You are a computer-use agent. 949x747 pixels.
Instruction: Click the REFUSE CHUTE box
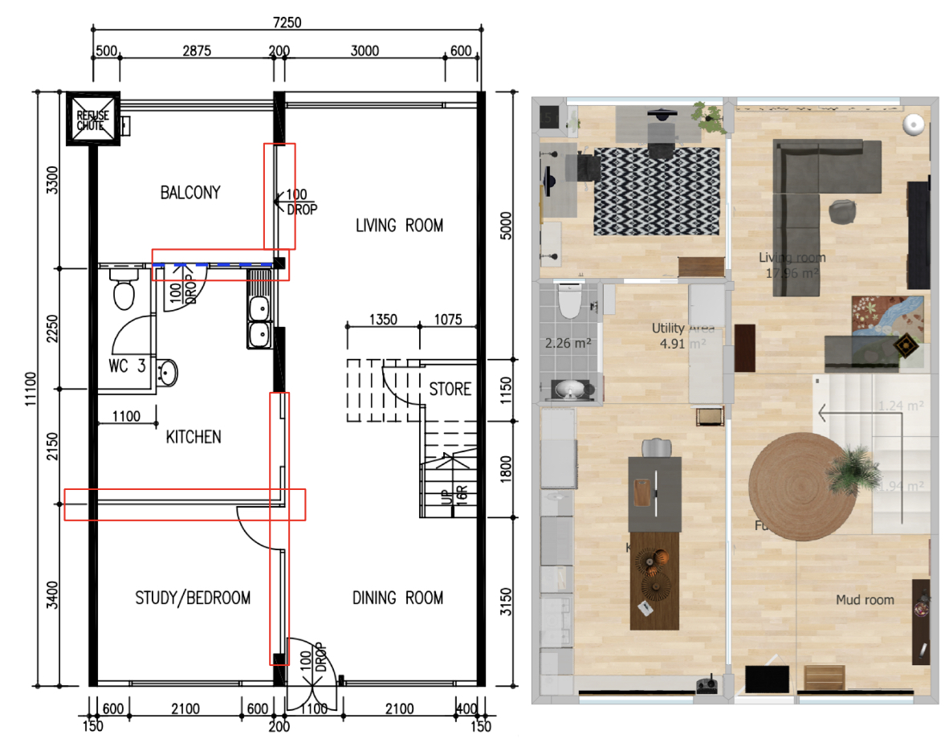pos(93,118)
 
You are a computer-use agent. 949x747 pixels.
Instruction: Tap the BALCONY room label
pos(189,193)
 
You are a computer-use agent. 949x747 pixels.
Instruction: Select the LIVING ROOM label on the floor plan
pos(399,226)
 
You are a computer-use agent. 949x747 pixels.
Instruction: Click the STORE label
pos(450,390)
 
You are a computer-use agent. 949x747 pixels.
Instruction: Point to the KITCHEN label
pos(193,438)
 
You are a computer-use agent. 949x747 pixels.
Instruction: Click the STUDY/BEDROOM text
pos(193,598)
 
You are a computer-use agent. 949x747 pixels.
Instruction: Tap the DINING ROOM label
pos(397,598)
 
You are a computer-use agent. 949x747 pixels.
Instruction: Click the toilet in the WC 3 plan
pos(123,290)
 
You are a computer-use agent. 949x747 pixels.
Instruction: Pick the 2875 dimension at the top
pos(196,51)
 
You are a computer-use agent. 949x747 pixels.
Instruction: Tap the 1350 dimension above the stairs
pos(382,319)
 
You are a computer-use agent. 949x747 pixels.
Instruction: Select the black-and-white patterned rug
pos(657,190)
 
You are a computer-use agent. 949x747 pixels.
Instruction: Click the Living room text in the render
pos(791,258)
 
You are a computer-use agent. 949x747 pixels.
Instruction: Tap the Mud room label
pos(865,600)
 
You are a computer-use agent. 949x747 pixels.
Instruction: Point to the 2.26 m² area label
pos(568,344)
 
